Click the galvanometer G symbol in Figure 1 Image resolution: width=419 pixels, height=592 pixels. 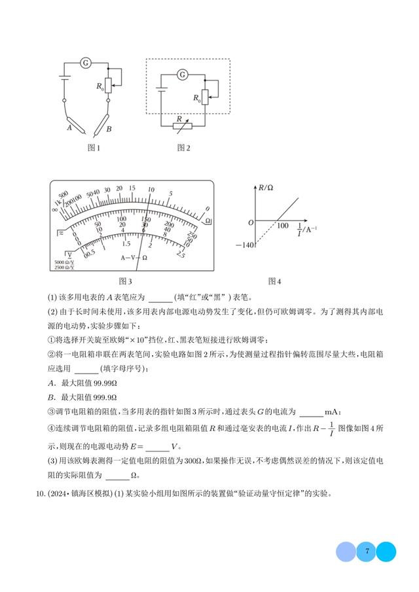click(85, 63)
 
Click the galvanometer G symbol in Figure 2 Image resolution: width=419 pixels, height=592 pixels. click(183, 75)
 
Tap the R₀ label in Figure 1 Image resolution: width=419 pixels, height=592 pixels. click(100, 86)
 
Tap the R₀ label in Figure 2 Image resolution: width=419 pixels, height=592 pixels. click(196, 97)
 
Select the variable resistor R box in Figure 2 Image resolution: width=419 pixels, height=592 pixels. click(181, 123)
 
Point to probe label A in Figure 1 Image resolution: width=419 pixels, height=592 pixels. click(69, 128)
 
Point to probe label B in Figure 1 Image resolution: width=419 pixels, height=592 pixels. click(109, 129)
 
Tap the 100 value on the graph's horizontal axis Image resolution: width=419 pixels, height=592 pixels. click(283, 226)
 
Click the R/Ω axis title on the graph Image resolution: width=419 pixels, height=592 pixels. click(266, 188)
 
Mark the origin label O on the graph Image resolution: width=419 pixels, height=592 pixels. click(250, 223)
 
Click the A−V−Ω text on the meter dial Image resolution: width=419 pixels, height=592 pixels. click(134, 257)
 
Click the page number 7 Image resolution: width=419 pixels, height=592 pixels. click(367, 551)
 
